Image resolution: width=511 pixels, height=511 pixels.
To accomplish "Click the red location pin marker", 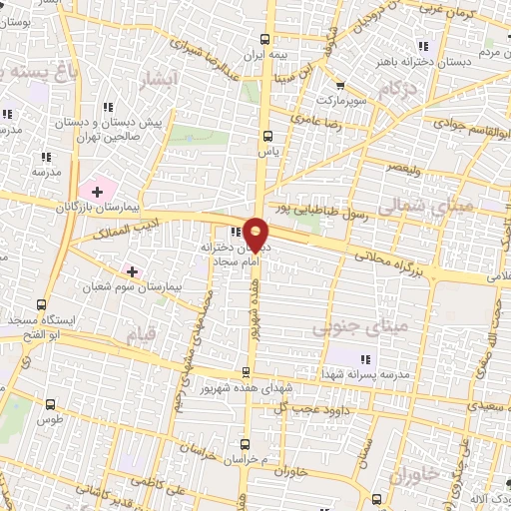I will coord(256,234).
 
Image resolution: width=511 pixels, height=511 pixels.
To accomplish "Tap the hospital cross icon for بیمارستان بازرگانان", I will coord(98,191).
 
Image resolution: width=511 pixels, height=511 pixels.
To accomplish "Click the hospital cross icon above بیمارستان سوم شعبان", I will coord(133,271).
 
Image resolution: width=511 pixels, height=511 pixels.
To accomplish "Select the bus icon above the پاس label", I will coord(266,137).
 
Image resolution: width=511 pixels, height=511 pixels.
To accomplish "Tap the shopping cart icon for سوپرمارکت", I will coord(342,86).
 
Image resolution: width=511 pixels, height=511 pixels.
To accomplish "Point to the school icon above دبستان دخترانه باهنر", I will coord(423,46).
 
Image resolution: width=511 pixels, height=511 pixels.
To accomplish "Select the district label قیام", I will coord(138,331).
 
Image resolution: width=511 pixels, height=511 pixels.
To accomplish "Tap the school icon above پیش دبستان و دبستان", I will coord(108,107).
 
